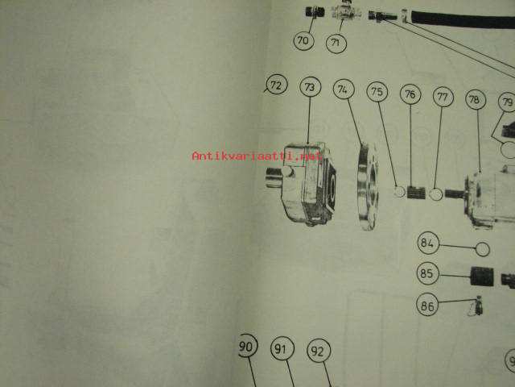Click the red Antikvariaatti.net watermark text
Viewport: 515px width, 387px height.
point(257,156)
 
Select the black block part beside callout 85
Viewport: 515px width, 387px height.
point(482,277)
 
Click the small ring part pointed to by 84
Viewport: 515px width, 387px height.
point(483,249)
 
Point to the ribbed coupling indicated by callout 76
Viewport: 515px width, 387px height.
point(416,193)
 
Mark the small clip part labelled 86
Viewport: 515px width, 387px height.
point(477,306)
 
